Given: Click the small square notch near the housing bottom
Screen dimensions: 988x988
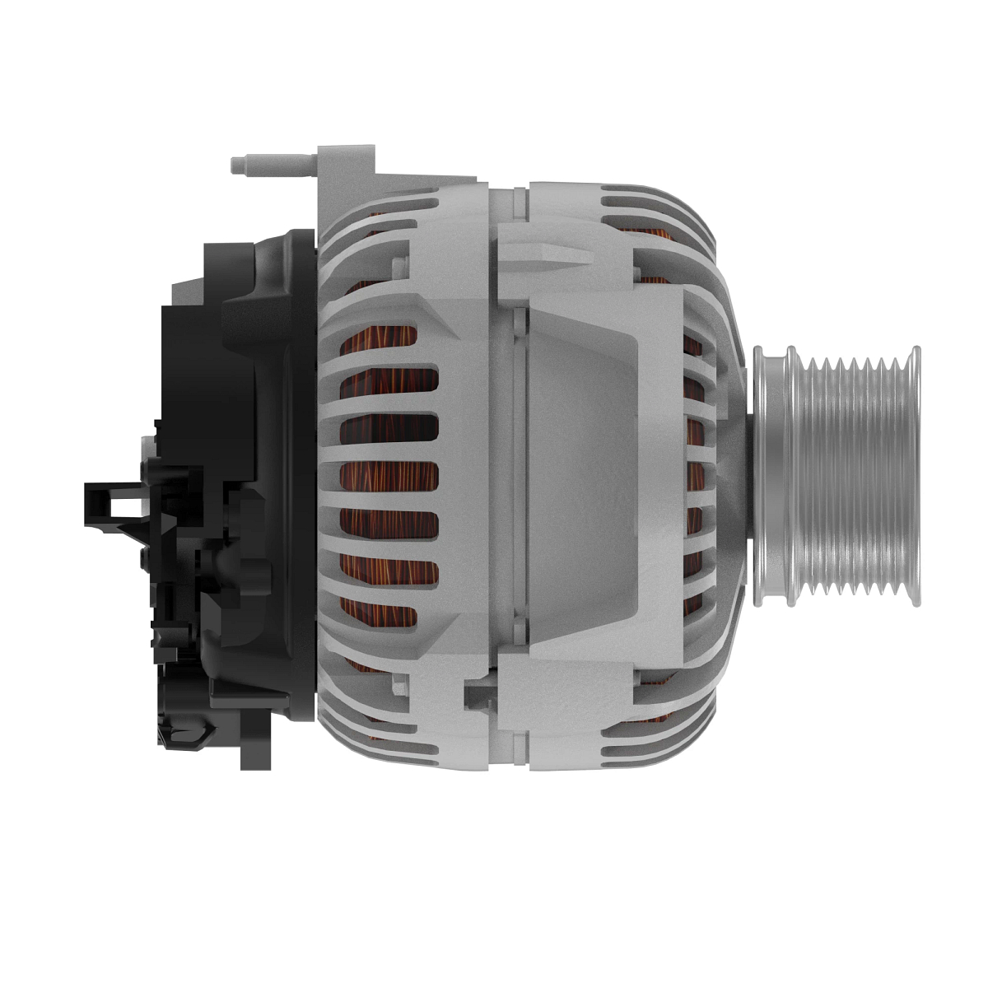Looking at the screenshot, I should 476,696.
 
